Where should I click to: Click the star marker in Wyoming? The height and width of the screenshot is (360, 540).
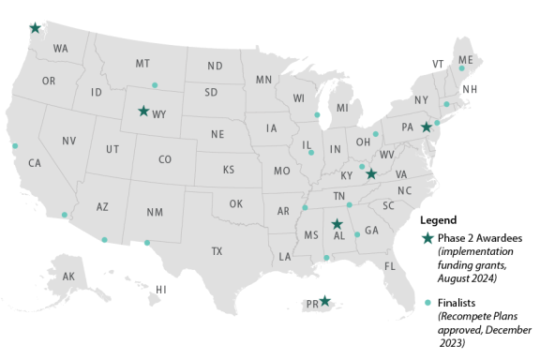pyautogui.click(x=143, y=111)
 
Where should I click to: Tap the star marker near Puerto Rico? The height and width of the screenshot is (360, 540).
pyautogui.click(x=324, y=301)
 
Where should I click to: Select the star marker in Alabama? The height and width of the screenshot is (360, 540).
pyautogui.click(x=337, y=224)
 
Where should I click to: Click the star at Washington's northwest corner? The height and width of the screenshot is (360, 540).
pyautogui.click(x=35, y=29)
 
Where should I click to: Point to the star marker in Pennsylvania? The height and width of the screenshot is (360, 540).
pyautogui.click(x=426, y=127)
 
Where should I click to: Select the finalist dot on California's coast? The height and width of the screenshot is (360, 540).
pyautogui.click(x=15, y=145)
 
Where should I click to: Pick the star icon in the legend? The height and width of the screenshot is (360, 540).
pyautogui.click(x=428, y=238)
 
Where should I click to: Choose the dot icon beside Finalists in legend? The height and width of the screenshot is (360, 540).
pyautogui.click(x=428, y=303)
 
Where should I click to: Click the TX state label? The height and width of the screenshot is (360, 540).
pyautogui.click(x=217, y=251)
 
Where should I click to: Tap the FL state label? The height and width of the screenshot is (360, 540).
pyautogui.click(x=391, y=265)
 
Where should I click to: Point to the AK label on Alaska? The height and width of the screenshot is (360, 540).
pyautogui.click(x=68, y=277)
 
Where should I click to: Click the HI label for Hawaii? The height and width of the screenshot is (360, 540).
pyautogui.click(x=161, y=289)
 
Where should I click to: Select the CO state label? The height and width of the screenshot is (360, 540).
pyautogui.click(x=165, y=159)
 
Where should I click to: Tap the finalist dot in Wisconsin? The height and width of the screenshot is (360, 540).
pyautogui.click(x=318, y=115)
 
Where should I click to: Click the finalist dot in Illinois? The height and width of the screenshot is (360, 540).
pyautogui.click(x=311, y=152)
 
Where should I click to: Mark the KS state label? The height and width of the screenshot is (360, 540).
pyautogui.click(x=228, y=171)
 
